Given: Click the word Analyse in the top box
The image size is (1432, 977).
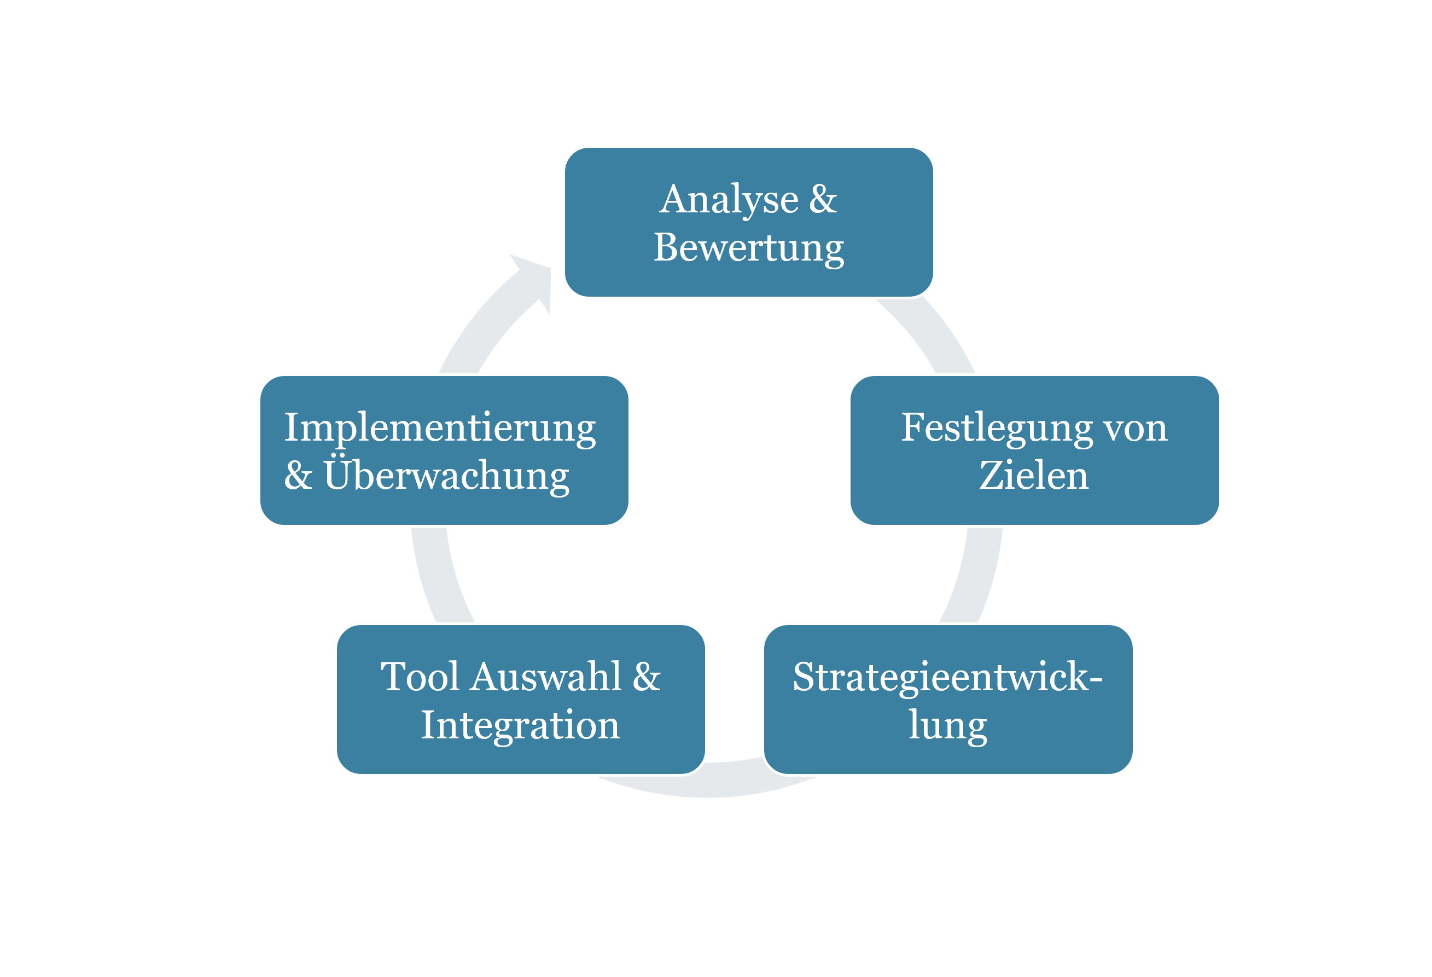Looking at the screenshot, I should [729, 200].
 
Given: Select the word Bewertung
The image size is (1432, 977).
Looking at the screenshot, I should [749, 248].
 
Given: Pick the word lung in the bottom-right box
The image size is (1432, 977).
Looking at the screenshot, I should [948, 726].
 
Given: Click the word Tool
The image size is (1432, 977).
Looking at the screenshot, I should [420, 677].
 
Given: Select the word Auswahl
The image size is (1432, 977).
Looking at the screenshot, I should [546, 677].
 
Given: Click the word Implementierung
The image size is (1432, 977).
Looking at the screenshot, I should [440, 428].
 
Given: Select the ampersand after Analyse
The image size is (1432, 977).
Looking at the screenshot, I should [823, 200].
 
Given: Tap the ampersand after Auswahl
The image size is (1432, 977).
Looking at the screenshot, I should [647, 677].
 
